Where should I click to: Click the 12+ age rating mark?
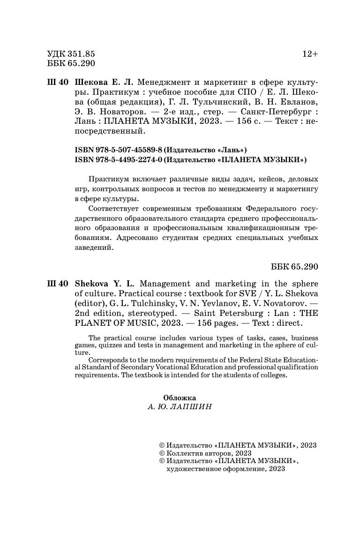(310, 54)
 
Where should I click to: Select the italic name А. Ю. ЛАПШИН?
(180, 407)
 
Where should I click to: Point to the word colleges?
(271, 375)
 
